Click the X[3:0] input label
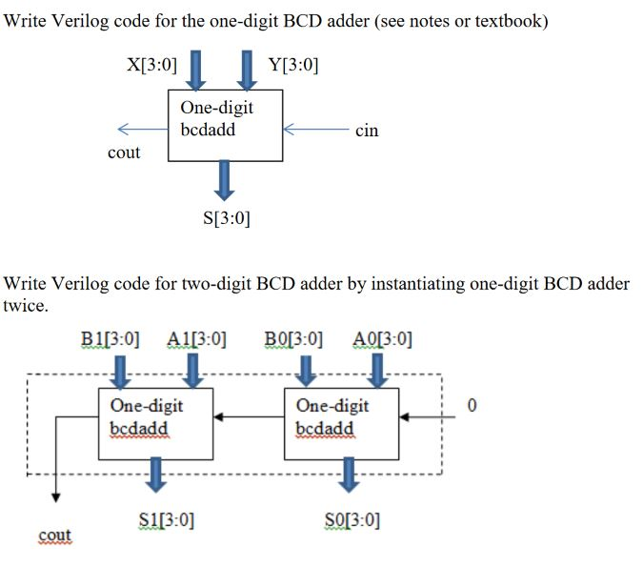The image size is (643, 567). [151, 65]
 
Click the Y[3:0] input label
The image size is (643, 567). [293, 65]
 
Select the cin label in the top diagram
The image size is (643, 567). [366, 131]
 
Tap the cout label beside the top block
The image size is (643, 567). [124, 152]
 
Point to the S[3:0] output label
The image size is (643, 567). [227, 218]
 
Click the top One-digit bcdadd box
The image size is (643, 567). [225, 125]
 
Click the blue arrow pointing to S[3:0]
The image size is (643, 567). [226, 178]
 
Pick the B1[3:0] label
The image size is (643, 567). [111, 338]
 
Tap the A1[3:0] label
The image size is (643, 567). [196, 338]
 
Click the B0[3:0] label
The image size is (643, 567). [293, 338]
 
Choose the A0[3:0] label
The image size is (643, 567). [382, 338]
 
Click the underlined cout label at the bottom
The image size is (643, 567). [55, 536]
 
